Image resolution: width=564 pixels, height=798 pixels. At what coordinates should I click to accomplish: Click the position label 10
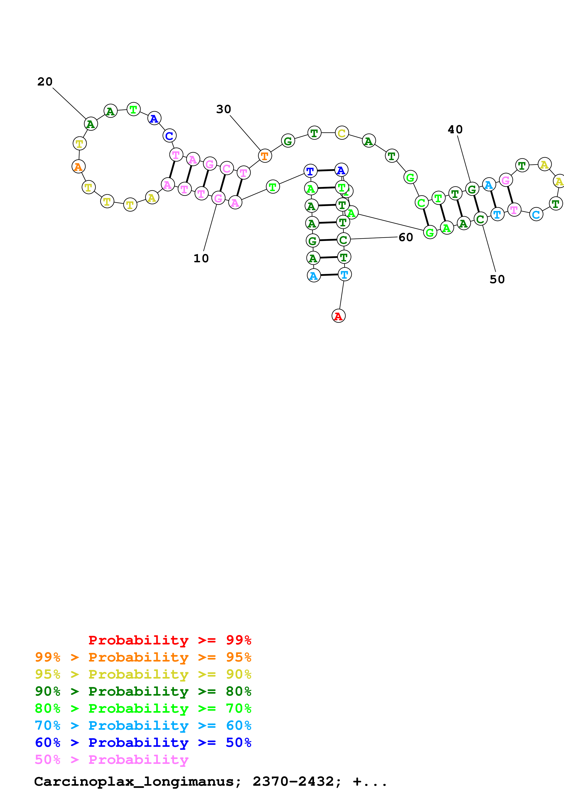[x=201, y=258]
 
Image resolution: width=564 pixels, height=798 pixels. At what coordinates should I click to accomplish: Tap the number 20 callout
[x=45, y=82]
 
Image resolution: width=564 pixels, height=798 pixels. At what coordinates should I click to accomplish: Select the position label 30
[x=223, y=109]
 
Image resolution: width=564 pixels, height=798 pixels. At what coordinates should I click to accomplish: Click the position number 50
[x=497, y=279]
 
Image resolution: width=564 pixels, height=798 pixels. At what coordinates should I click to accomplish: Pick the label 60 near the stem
[x=405, y=237]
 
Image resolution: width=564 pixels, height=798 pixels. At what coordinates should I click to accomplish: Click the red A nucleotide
[x=338, y=316]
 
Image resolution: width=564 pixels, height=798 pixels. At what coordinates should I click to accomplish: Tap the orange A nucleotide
[x=78, y=167]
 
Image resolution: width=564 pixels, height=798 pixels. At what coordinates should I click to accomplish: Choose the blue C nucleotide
[x=169, y=136]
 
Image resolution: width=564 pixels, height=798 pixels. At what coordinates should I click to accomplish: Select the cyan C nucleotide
[x=536, y=215]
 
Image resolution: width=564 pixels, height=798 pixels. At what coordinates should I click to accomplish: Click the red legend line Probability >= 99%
[x=169, y=640]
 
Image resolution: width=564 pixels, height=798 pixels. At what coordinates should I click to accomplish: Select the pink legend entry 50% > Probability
[x=111, y=759]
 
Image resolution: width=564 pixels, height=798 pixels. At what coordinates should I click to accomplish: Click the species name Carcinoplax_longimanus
[x=134, y=782]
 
